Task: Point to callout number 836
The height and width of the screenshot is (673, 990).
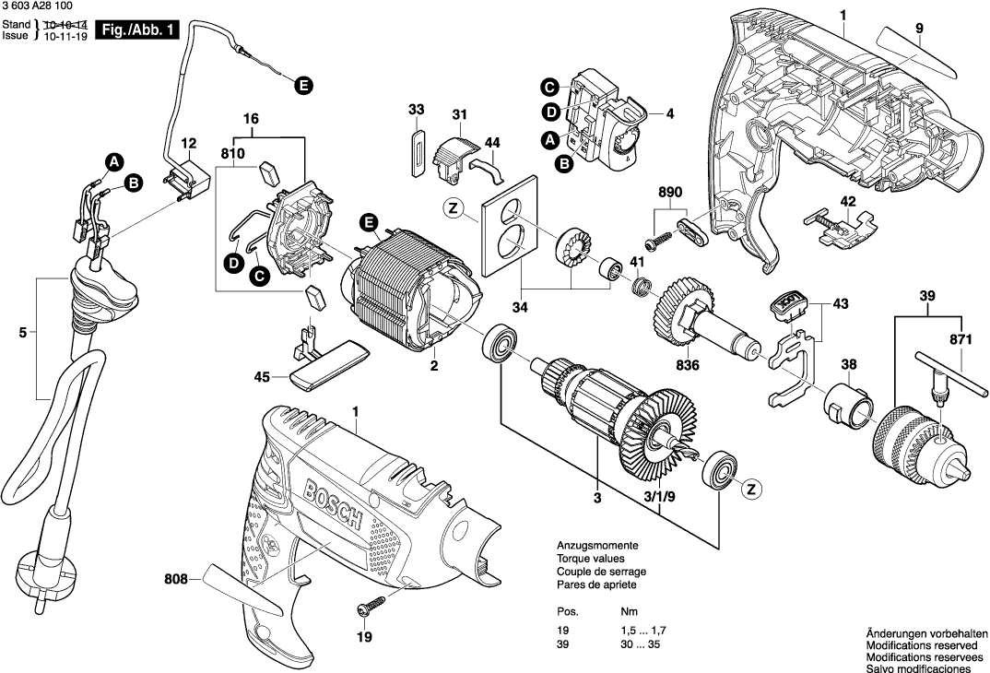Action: coord(688,365)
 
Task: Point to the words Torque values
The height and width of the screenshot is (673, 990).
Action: coord(590,559)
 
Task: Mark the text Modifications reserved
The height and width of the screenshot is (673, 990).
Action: coord(923,646)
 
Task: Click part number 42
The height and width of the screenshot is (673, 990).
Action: coord(848,201)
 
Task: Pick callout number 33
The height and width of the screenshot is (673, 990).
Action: coord(417,110)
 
